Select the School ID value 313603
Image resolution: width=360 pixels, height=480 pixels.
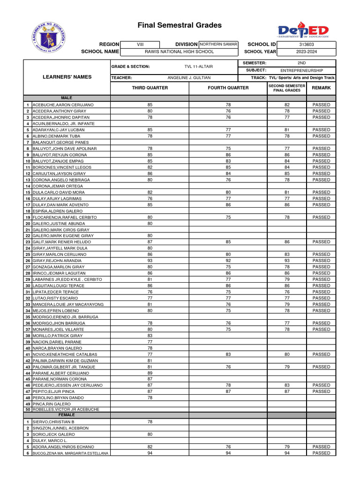(306, 45)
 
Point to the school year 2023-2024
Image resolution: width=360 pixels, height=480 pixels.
(306, 52)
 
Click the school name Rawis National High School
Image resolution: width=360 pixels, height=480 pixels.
(179, 52)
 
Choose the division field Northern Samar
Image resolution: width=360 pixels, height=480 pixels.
(218, 44)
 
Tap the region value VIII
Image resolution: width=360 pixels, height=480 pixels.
(140, 45)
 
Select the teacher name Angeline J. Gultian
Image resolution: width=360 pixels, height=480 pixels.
(189, 78)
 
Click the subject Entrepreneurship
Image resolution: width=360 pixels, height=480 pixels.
(305, 70)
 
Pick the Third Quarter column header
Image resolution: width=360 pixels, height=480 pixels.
(150, 88)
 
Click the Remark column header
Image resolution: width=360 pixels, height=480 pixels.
(321, 88)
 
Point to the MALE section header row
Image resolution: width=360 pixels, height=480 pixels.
(65, 97)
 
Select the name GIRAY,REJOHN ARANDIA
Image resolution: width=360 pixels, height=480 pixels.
(57, 261)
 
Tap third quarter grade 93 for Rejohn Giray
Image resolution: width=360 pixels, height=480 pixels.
(150, 261)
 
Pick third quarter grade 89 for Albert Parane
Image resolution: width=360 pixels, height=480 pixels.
(150, 373)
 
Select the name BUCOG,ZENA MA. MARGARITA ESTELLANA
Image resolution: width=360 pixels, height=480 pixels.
(70, 453)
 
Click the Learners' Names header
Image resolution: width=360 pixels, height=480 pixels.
(67, 77)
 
